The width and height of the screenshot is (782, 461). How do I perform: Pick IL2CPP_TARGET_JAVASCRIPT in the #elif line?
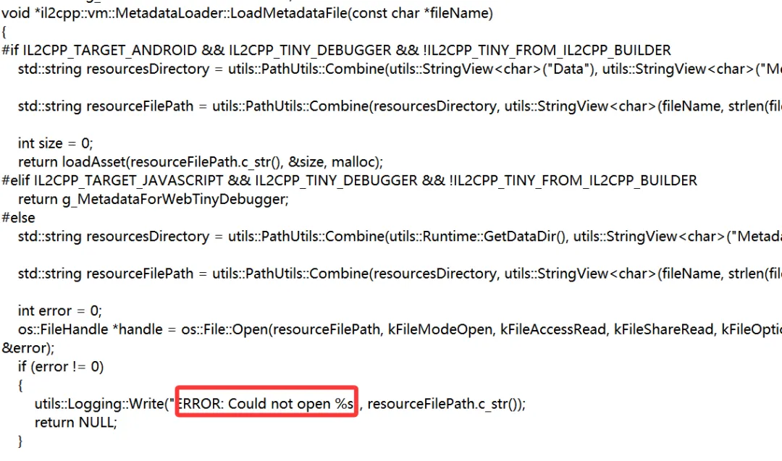coord(122,180)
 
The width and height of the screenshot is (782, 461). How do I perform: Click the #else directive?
coord(18,217)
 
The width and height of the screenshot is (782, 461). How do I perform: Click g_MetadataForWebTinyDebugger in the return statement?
coord(174,198)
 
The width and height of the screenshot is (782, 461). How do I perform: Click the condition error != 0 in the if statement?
coord(69,366)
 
